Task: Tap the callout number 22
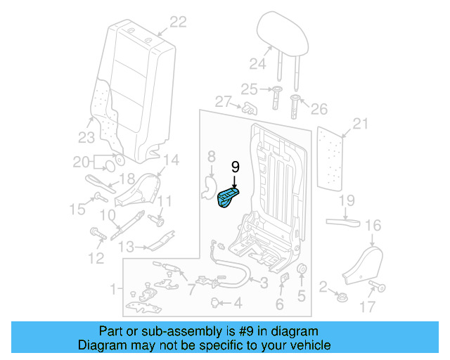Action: point(178,22)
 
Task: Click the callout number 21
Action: point(360,124)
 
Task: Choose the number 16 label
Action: point(373,226)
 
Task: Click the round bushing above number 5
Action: point(302,271)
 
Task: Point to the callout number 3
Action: point(263,283)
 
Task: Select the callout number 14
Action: point(171,160)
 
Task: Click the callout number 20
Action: point(82,162)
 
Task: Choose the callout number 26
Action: point(319,109)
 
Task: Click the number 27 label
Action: point(224,102)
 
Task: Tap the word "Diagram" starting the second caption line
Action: point(99,345)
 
